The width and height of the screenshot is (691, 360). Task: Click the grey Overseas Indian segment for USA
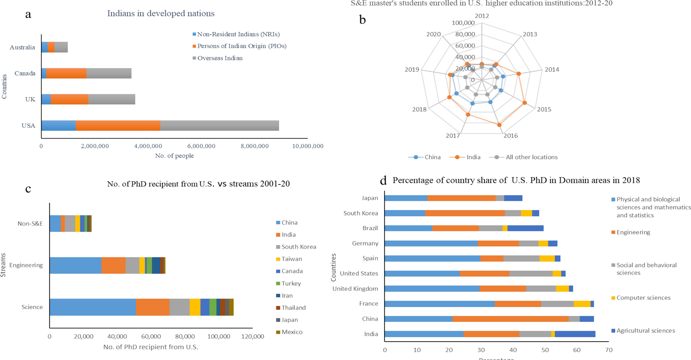pyautogui.click(x=220, y=126)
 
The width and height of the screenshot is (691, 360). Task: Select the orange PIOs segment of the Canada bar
pyautogui.click(x=66, y=73)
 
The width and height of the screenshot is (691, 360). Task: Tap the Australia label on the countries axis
pyautogui.click(x=22, y=48)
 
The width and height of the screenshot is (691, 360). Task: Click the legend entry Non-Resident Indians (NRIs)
pyautogui.click(x=238, y=34)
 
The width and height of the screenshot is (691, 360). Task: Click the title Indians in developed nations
pyautogui.click(x=161, y=14)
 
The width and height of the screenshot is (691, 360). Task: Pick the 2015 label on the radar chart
pyautogui.click(x=544, y=110)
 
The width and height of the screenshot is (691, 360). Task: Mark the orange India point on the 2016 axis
pyautogui.click(x=499, y=125)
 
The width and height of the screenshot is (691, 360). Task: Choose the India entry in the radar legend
pyautogui.click(x=473, y=157)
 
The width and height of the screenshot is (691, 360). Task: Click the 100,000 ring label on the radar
pyautogui.click(x=463, y=23)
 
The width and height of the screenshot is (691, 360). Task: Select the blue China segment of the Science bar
pyautogui.click(x=93, y=307)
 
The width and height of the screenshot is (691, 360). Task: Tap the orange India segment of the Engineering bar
pyautogui.click(x=113, y=265)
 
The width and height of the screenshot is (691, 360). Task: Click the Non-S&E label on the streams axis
pyautogui.click(x=30, y=224)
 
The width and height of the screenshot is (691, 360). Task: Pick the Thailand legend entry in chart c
pyautogui.click(x=293, y=308)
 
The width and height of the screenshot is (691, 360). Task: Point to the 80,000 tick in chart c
pyautogui.click(x=185, y=337)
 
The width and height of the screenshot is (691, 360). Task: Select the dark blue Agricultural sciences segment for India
pyautogui.click(x=575, y=334)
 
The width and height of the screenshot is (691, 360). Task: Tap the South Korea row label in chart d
pyautogui.click(x=360, y=213)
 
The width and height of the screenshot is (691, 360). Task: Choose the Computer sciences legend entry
pyautogui.click(x=643, y=298)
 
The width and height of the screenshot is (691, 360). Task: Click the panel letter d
pyautogui.click(x=383, y=180)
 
